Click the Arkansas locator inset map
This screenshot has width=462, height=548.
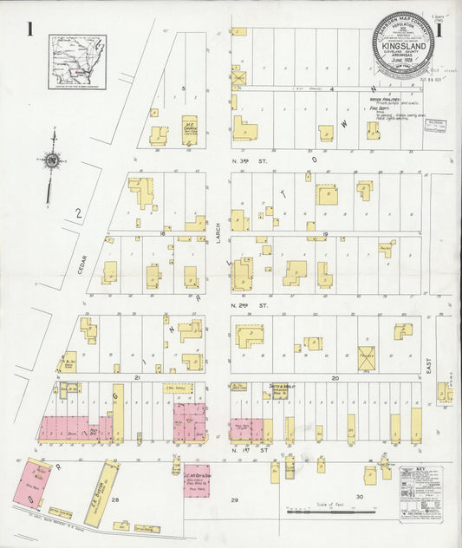coord(77,62)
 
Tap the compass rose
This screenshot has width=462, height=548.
coord(53,161)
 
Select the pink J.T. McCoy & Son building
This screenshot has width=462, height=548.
coord(196,479)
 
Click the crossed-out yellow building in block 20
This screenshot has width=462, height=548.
coord(367,356)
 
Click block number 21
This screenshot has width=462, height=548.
coord(137,378)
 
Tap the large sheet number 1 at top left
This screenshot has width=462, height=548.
coord(30,29)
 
